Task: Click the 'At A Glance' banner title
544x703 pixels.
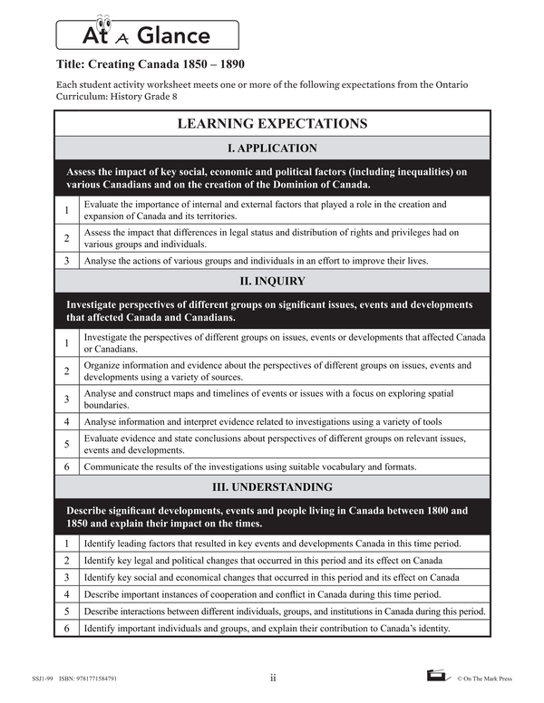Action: tap(146, 35)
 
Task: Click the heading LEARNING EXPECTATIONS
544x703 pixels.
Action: tap(272, 123)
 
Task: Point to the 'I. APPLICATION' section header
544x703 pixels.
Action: tap(272, 148)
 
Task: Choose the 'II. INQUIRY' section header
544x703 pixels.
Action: tap(272, 281)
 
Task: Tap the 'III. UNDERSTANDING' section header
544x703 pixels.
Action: tap(272, 486)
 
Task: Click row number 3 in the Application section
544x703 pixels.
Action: tap(66, 261)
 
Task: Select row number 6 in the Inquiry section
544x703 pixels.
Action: tap(66, 467)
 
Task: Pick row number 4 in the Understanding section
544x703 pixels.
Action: tap(66, 594)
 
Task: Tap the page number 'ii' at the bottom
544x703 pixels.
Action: tap(273, 676)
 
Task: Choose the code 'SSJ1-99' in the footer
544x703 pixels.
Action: tap(40, 677)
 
